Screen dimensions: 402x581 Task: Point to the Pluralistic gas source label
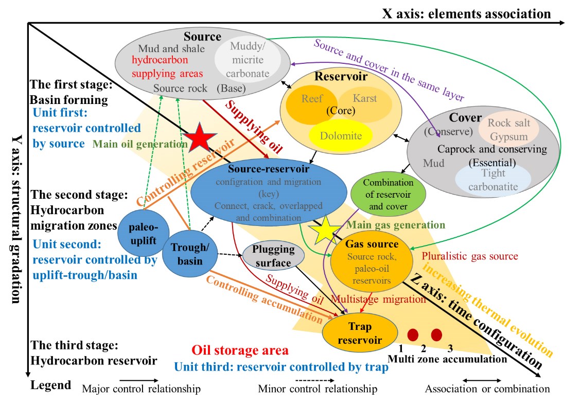[469, 256]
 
